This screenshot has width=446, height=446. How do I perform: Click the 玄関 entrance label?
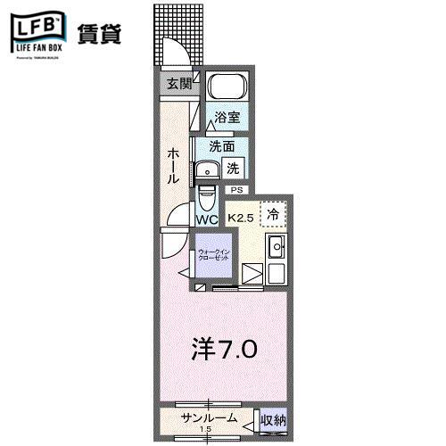tap(178, 84)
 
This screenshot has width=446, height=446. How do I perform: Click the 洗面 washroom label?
tap(223, 145)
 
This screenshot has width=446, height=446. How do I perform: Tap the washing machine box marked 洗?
tap(232, 167)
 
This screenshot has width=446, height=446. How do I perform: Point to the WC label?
tap(207, 219)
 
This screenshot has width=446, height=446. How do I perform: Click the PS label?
tap(236, 190)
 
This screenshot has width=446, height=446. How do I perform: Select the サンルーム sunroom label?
tap(209, 418)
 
